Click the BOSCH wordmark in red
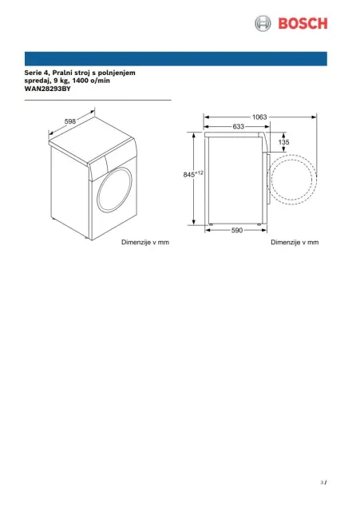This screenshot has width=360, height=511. tap(303, 24)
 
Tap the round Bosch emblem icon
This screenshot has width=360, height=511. tap(263, 23)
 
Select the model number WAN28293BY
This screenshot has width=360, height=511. tap(48, 89)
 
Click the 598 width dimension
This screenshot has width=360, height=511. tap(70, 121)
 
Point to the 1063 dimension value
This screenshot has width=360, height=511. tap(259, 117)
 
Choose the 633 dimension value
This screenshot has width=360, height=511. tap(239, 126)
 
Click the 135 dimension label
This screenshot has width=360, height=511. tap(283, 142)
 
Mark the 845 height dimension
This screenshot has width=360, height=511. tap(189, 175)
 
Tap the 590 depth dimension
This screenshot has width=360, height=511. tap(237, 231)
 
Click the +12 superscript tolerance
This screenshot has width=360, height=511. tap(199, 172)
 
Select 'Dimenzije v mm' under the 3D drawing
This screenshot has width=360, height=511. tap(145, 242)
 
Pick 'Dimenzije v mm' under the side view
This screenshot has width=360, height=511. tap(295, 242)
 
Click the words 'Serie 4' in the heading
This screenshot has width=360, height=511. tap(37, 73)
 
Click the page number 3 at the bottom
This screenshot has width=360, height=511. tap(322, 482)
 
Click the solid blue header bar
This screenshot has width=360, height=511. tap(176, 58)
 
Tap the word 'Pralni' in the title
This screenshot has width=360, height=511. tap(63, 73)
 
